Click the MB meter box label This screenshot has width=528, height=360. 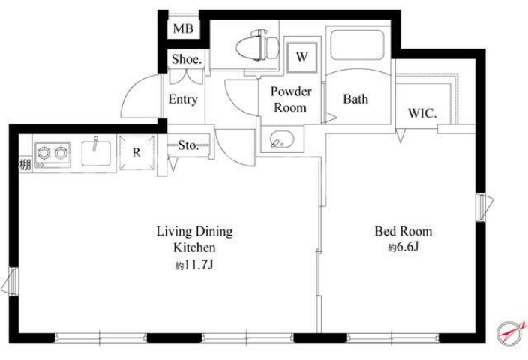183,28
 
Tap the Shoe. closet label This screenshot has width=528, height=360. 187,59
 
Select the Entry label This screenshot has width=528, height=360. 183,99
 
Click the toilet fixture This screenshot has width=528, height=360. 258,45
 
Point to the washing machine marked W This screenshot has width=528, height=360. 301,57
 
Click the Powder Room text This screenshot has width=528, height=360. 291,99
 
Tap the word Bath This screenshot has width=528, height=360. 355,99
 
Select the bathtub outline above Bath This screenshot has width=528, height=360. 357,45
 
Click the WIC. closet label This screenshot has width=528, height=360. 422,113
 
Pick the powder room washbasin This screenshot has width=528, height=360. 281,139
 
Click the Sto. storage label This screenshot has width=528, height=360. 188,145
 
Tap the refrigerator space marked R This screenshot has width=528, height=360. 136,152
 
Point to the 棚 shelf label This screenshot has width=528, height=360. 25,165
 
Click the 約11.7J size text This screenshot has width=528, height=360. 194,265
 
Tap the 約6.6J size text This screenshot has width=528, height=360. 403,247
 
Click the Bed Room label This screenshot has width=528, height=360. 403,231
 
